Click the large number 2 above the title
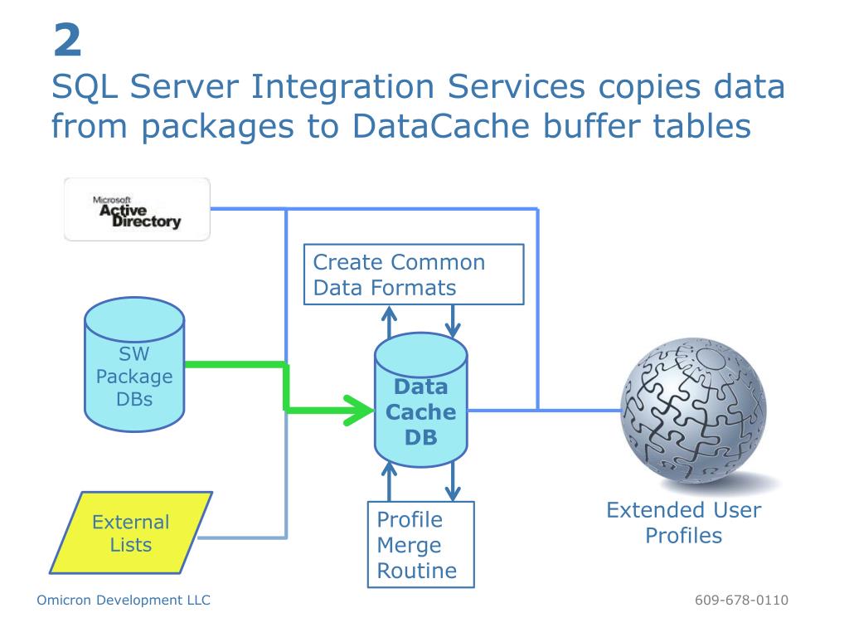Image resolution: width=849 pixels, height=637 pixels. click(68, 40)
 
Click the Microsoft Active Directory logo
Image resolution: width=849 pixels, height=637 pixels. click(137, 209)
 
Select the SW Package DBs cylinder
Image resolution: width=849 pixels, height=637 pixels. click(134, 365)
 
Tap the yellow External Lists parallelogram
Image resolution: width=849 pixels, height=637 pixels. click(131, 532)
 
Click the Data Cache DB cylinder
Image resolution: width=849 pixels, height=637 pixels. click(420, 400)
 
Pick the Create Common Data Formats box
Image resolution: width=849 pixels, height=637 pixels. click(414, 275)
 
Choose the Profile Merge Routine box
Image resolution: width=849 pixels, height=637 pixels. click(420, 544)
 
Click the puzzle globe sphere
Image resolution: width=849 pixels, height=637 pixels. click(694, 410)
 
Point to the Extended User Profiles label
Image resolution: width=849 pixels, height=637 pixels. click(683, 523)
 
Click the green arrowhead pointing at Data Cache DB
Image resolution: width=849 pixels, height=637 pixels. click(358, 410)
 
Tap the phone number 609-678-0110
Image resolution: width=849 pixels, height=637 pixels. click(741, 601)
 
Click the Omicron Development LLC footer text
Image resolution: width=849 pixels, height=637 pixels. click(124, 601)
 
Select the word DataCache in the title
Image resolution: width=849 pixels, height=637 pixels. click(441, 126)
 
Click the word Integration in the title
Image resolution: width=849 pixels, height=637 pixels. click(342, 87)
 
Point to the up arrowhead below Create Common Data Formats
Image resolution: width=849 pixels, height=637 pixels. click(389, 314)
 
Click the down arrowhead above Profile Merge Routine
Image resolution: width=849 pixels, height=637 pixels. click(453, 493)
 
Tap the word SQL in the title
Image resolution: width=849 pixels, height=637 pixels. click(85, 86)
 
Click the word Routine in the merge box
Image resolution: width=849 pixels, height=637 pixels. click(417, 571)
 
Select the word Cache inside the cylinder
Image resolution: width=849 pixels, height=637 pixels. click(420, 412)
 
